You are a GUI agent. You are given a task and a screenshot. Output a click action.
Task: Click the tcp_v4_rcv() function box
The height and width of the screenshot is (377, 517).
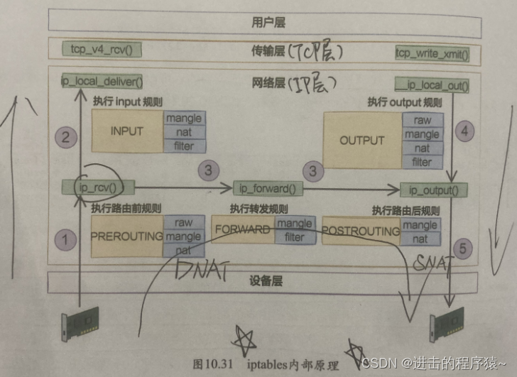point(106,49)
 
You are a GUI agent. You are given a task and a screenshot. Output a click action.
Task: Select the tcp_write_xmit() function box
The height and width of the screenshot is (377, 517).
point(432,53)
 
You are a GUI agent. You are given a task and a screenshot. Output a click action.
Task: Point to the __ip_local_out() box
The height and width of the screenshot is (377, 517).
point(432,87)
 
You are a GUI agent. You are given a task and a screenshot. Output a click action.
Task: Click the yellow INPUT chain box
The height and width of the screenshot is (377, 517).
point(127,131)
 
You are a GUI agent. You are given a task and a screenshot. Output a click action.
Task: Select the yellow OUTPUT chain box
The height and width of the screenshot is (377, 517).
point(361,140)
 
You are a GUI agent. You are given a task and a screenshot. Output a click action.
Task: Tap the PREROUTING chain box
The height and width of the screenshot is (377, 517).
point(127,236)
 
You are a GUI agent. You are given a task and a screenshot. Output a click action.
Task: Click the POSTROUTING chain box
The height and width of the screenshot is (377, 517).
point(361,231)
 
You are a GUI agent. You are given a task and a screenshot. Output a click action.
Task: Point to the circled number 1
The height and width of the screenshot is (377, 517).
point(66,240)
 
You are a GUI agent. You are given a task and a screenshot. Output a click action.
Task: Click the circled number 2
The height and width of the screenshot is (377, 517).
point(66,138)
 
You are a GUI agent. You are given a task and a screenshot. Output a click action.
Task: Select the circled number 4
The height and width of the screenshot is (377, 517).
point(464,131)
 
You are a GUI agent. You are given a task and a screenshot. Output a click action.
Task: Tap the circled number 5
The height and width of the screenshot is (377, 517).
point(464,248)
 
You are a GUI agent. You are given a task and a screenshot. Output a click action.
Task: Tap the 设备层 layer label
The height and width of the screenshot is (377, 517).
point(266,281)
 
